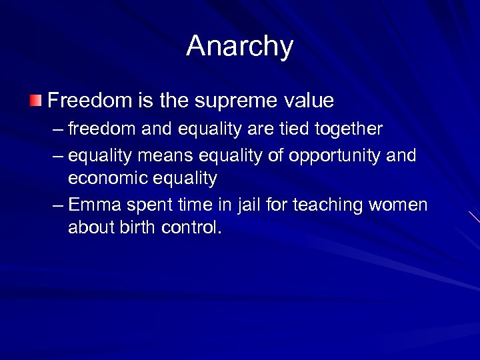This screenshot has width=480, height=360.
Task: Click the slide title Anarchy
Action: click(x=239, y=47)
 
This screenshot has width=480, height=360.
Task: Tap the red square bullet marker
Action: click(x=35, y=101)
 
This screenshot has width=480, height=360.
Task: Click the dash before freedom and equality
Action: click(x=57, y=129)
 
